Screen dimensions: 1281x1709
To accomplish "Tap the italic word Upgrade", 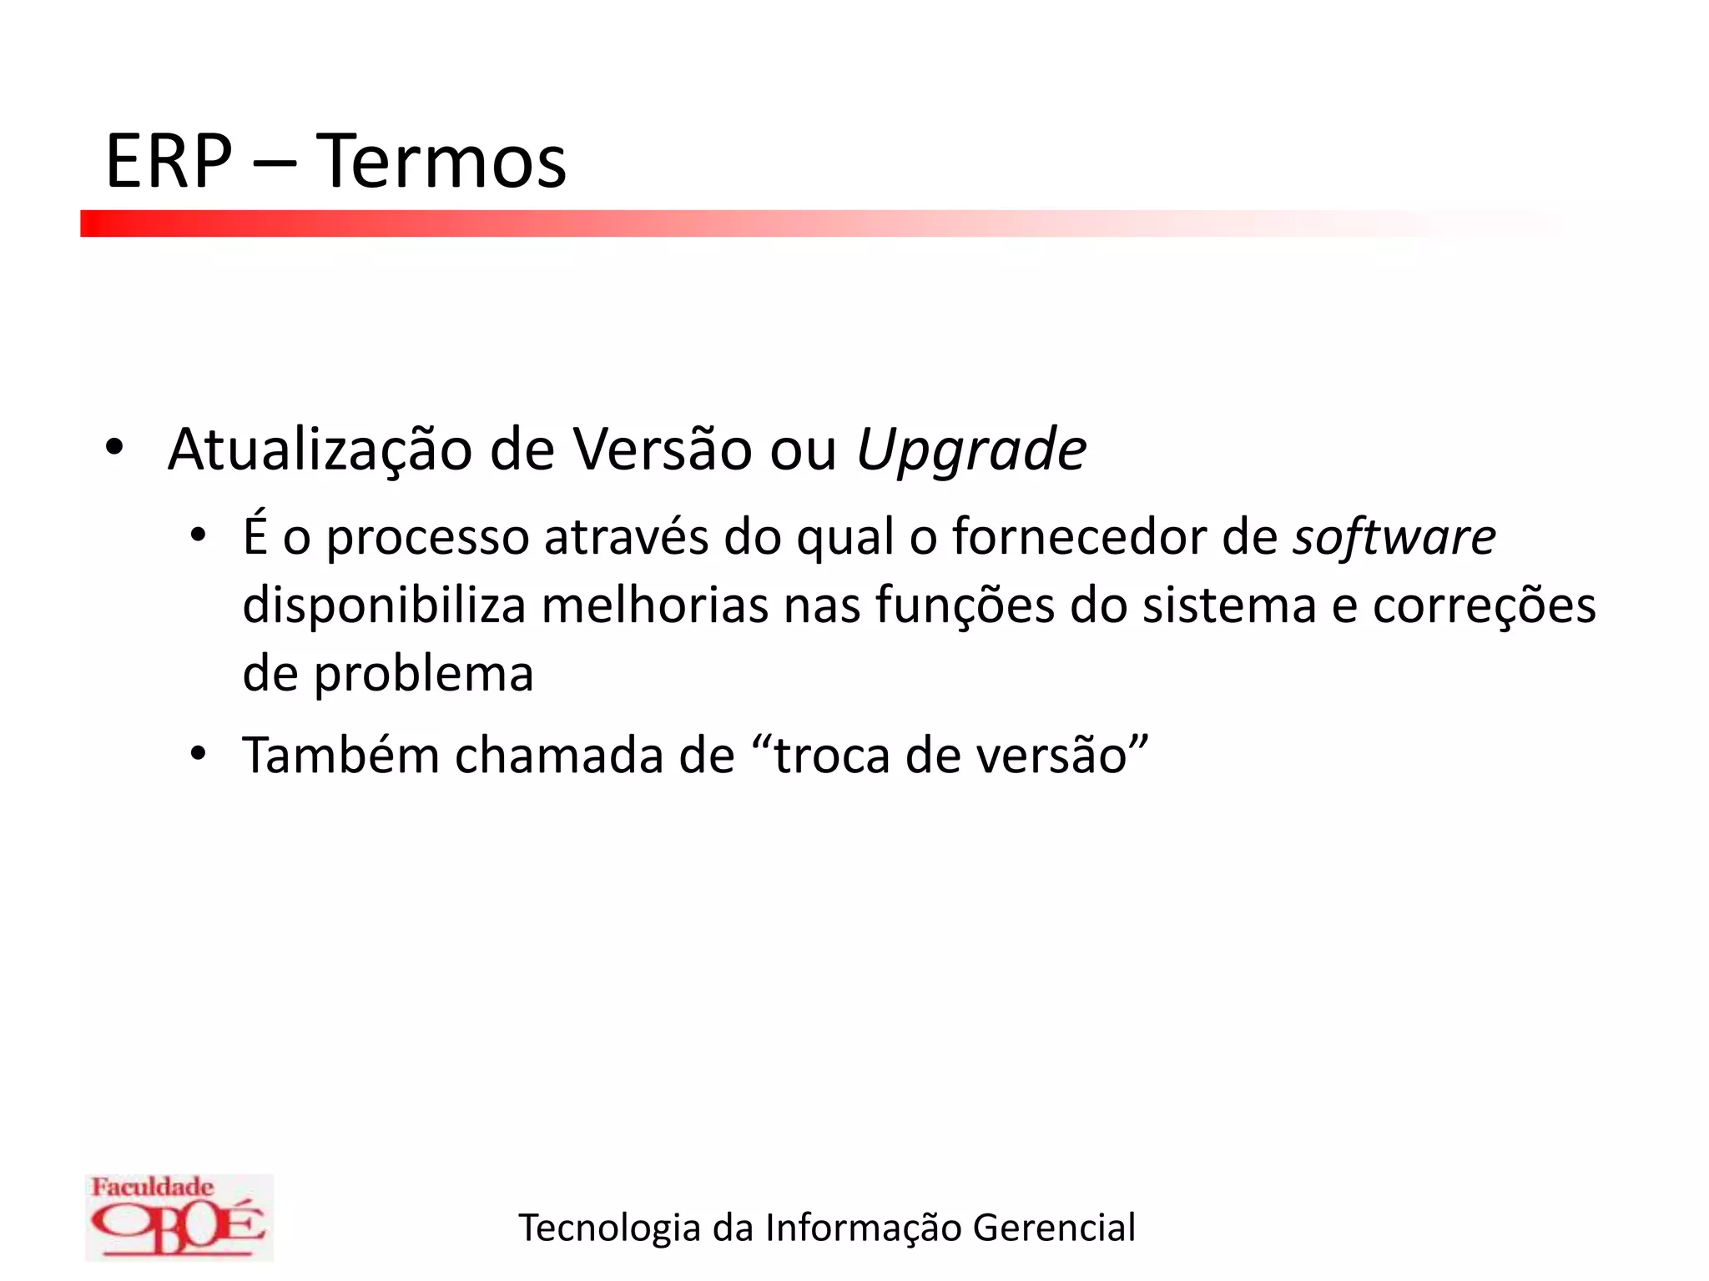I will [971, 451].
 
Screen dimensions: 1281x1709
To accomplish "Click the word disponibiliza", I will [384, 605].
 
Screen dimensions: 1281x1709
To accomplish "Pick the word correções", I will [1485, 607].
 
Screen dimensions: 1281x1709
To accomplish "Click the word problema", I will [424, 675].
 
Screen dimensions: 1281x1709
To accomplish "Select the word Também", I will [340, 756].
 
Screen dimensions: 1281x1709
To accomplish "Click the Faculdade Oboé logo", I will [179, 1217].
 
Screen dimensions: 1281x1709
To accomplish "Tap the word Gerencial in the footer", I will [1054, 1228].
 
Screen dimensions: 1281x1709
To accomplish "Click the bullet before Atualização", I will [114, 449].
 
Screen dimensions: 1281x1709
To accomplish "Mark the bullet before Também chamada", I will [198, 754].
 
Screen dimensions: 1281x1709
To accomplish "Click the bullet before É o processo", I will [198, 535].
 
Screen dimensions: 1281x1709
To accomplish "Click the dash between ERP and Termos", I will [274, 163].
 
